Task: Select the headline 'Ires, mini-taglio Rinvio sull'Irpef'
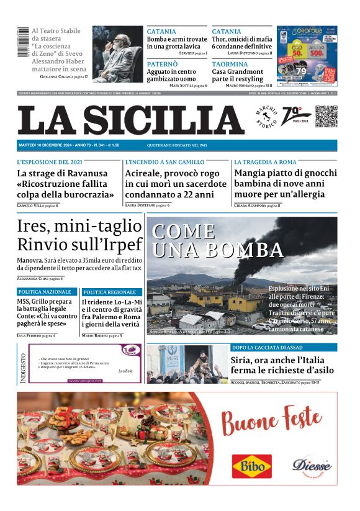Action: click(x=79, y=235)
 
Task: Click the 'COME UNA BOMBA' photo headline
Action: click(x=217, y=240)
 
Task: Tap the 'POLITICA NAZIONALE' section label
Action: click(x=45, y=292)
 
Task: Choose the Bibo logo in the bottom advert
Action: click(x=251, y=466)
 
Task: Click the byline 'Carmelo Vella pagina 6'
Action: click(x=38, y=205)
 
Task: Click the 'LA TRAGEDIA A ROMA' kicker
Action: click(x=265, y=162)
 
